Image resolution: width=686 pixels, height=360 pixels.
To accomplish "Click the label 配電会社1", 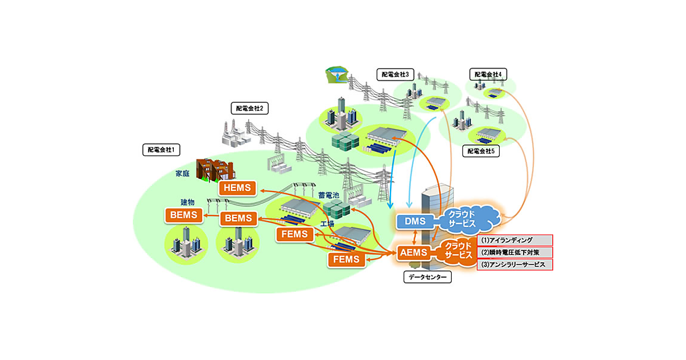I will pos(161,150).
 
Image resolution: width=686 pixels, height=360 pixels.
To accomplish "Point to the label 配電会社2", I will pos(249,108).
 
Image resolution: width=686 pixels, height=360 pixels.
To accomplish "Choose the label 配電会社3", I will pos(396,74).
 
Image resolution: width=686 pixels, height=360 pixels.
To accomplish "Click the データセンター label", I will pos(427,278).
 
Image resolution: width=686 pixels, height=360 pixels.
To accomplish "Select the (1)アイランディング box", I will pos(514,240).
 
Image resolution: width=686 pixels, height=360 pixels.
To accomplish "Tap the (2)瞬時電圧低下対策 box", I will pos(514,252).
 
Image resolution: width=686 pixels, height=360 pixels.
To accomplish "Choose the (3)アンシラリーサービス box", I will pos(514,265).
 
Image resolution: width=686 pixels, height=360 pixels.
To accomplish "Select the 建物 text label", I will pos(188,203).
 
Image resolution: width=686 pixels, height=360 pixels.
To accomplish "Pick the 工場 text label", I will pos(327,223).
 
